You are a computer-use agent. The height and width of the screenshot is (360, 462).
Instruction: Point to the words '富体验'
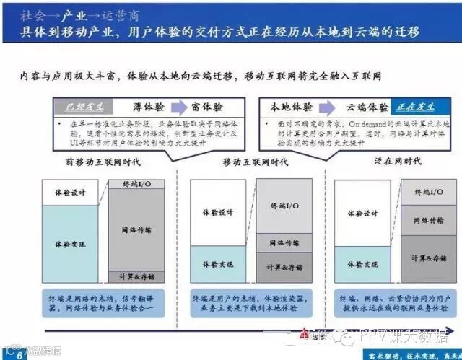pos(206,107)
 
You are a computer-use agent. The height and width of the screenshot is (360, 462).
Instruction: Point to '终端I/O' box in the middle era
pos(284,207)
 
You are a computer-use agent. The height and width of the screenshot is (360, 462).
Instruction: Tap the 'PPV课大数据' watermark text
pos(408,336)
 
